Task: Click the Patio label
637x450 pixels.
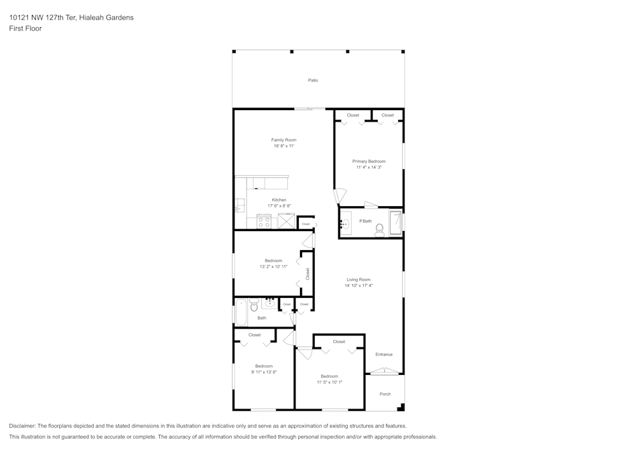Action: pyautogui.click(x=313, y=80)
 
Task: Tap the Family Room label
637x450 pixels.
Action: pyautogui.click(x=283, y=140)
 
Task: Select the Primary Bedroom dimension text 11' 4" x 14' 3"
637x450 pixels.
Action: pyautogui.click(x=369, y=167)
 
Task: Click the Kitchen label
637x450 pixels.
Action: pyautogui.click(x=279, y=200)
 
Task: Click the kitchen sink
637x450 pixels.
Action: pyautogui.click(x=239, y=206)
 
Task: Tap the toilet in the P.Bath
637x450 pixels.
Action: pyautogui.click(x=380, y=230)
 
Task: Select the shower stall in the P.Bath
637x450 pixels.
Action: pyautogui.click(x=396, y=223)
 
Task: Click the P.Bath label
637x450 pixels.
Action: pyautogui.click(x=365, y=221)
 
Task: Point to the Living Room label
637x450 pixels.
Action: pyautogui.click(x=358, y=279)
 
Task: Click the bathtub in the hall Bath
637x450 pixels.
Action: pyautogui.click(x=241, y=312)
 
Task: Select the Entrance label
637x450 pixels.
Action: pyautogui.click(x=384, y=355)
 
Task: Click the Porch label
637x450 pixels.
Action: pyautogui.click(x=385, y=394)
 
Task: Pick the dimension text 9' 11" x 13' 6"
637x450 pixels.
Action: pyautogui.click(x=264, y=372)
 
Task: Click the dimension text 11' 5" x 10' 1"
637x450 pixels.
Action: pyautogui.click(x=329, y=383)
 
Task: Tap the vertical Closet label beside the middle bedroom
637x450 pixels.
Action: pyautogui.click(x=308, y=274)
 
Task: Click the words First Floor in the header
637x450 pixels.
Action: pyautogui.click(x=25, y=29)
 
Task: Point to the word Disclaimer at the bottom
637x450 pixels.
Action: pyautogui.click(x=22, y=426)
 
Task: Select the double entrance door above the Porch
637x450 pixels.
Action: pyautogui.click(x=384, y=370)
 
